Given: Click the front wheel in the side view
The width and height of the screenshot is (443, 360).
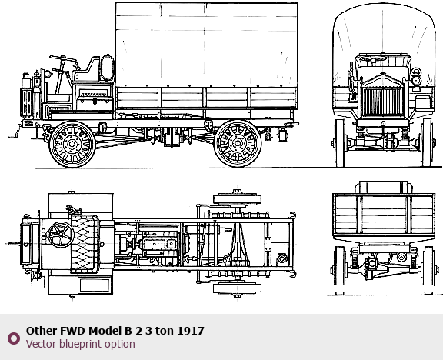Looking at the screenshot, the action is (72, 144).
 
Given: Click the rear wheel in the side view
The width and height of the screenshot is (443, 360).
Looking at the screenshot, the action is (238, 144).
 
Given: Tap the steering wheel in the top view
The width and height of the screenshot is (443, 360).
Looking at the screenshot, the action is (61, 235).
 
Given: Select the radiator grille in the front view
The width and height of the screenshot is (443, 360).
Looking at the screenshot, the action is (383, 101).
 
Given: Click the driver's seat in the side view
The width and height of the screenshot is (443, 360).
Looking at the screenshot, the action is (86, 71).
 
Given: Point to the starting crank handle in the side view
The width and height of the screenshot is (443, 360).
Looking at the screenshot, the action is (15, 132).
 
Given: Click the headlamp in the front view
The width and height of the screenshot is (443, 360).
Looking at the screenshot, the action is (416, 80).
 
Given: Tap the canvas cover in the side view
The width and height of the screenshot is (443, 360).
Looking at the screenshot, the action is (207, 45).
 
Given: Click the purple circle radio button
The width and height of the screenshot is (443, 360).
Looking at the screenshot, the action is (14, 338).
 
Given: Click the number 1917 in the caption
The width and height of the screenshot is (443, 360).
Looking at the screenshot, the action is (191, 331).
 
